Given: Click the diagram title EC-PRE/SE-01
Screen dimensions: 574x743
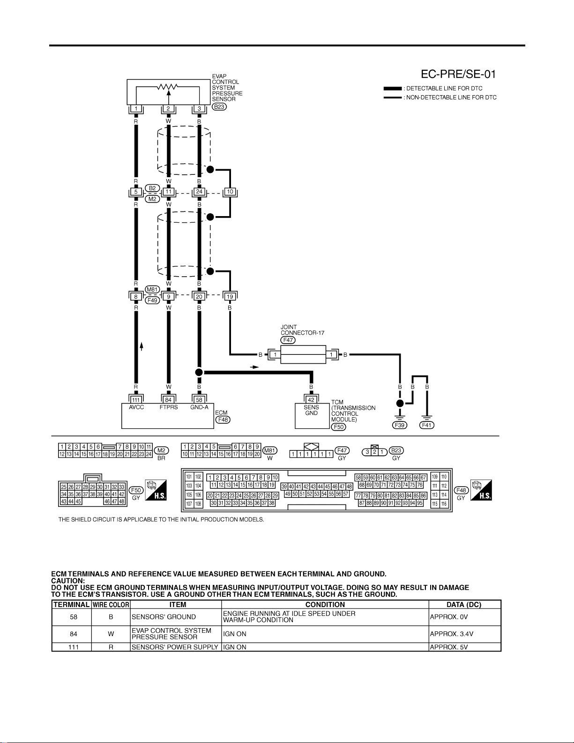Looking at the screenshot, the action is (458, 74).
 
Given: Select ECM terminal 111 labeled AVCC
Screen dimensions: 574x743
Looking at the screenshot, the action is (136, 400).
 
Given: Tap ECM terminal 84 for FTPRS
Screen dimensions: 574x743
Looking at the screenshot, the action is (168, 400).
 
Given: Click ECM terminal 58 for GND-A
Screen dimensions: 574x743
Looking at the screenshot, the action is (199, 400).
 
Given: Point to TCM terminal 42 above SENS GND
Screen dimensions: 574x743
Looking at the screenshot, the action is (311, 400).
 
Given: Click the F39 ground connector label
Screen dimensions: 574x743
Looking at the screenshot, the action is (399, 425).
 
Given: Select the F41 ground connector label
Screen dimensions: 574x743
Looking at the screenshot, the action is (427, 425).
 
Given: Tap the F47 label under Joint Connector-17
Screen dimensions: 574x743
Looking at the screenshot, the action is (288, 340).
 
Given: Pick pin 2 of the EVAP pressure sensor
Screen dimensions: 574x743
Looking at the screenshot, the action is (168, 109).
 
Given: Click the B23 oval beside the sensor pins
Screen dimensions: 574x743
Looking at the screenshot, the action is (219, 107).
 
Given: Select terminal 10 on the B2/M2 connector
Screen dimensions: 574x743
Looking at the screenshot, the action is (230, 191).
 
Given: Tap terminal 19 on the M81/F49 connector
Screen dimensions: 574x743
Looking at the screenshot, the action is (230, 296).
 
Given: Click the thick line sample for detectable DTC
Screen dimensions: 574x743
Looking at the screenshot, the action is (393, 89).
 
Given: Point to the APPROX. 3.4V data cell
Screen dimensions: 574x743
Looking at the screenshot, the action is (452, 634).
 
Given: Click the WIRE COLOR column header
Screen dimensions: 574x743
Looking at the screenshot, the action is (111, 605).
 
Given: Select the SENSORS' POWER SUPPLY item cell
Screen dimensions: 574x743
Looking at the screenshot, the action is (175, 647).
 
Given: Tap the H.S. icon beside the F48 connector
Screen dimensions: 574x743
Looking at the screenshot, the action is (481, 490).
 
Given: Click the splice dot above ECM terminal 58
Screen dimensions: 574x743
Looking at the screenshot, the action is (199, 372).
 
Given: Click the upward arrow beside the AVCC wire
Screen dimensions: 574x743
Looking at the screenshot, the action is (142, 346).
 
